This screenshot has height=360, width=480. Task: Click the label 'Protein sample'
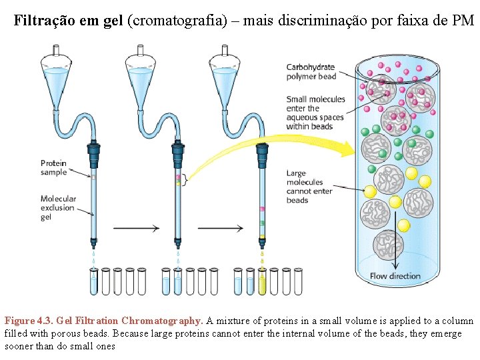(x=53, y=167)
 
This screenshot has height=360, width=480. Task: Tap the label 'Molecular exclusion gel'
(x=58, y=207)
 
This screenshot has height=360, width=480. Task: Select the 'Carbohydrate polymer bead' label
(x=311, y=71)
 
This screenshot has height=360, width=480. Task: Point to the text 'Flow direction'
(x=395, y=275)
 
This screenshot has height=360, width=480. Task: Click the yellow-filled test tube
(x=263, y=281)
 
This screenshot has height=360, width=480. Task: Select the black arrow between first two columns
(x=137, y=228)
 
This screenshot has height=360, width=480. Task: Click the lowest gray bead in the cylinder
(x=388, y=245)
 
